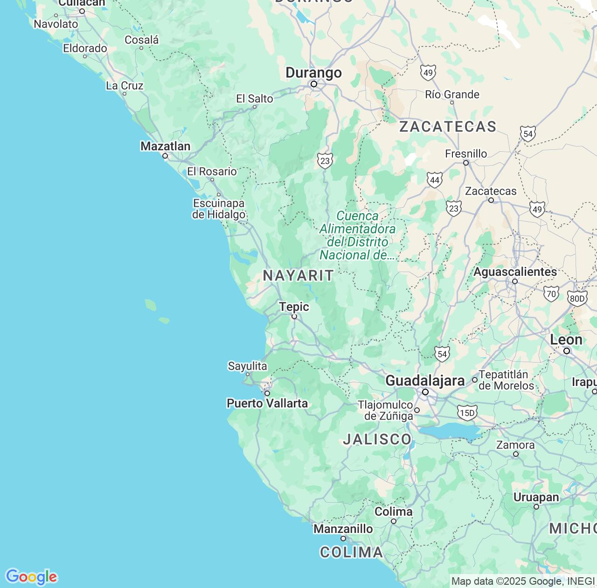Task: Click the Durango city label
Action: pyautogui.click(x=313, y=73)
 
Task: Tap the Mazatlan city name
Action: pyautogui.click(x=165, y=146)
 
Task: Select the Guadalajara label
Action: pyautogui.click(x=425, y=381)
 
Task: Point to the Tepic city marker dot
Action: pyautogui.click(x=294, y=316)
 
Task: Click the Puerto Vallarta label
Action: pyautogui.click(x=267, y=403)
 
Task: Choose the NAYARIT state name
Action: pyautogui.click(x=298, y=275)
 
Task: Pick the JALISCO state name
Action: pyautogui.click(x=377, y=439)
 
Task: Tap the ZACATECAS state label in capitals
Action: pyautogui.click(x=448, y=126)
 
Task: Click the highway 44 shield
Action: pyautogui.click(x=435, y=180)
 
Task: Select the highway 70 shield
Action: pyautogui.click(x=551, y=294)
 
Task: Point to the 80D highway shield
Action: pyautogui.click(x=577, y=299)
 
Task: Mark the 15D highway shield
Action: pyautogui.click(x=467, y=413)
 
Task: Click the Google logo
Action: pyautogui.click(x=31, y=577)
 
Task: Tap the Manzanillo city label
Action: pyautogui.click(x=343, y=529)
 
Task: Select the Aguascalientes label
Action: pyautogui.click(x=515, y=272)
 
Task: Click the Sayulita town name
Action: pyautogui.click(x=247, y=366)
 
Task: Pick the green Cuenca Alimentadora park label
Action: pyautogui.click(x=358, y=235)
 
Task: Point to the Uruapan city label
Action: pyautogui.click(x=536, y=497)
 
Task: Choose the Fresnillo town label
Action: pyautogui.click(x=465, y=154)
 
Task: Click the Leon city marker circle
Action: pyautogui.click(x=567, y=351)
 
